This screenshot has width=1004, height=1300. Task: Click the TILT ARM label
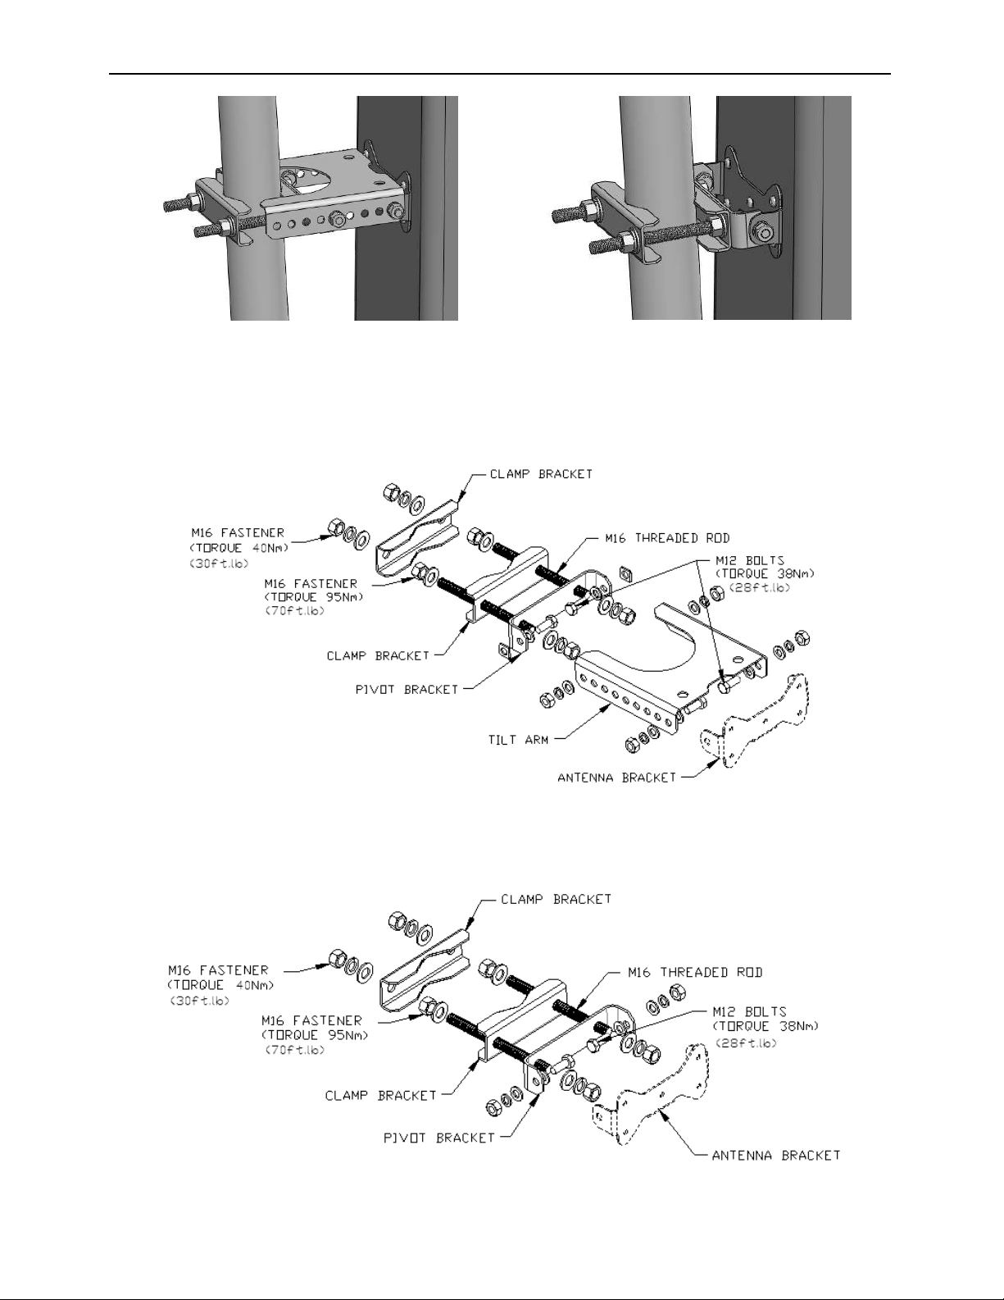[x=518, y=740]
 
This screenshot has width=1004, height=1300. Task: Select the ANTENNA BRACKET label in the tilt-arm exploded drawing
[x=616, y=778]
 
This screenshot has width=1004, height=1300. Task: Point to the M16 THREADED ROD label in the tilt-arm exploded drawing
[x=667, y=538]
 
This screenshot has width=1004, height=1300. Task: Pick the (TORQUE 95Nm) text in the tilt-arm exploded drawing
[x=314, y=597]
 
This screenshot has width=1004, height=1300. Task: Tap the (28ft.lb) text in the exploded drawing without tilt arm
[x=747, y=1042]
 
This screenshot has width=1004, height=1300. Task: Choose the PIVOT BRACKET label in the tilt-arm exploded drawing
[x=407, y=689]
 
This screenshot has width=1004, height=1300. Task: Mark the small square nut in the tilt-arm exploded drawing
[x=625, y=572]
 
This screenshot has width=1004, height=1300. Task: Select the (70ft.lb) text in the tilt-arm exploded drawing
[x=294, y=611]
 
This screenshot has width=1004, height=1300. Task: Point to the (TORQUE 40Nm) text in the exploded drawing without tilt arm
[x=221, y=985]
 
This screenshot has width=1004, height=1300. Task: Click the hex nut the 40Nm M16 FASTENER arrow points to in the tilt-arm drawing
[x=335, y=527]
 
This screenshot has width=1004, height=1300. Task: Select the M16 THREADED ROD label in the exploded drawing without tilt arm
[x=695, y=974]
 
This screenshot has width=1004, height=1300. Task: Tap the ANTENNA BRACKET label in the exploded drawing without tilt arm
[x=775, y=1155]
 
